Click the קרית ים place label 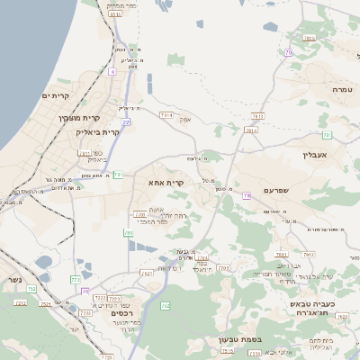[56, 95]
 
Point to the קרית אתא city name [166, 183]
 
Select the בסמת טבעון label [238, 339]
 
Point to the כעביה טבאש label [311, 306]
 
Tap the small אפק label [185, 118]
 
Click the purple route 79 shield [246, 195]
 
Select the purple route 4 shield [112, 70]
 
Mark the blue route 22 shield [127, 121]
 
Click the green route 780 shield [129, 233]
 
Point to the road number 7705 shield [224, 267]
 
